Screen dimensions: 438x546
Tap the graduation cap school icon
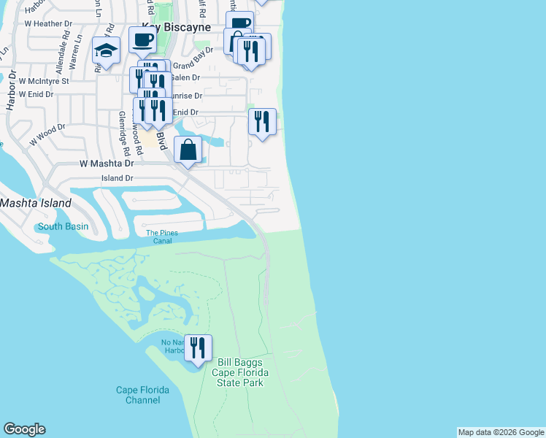pos(107,51)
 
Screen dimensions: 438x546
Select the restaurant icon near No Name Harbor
pos(197,348)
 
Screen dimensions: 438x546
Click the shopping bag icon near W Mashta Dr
pos(188,150)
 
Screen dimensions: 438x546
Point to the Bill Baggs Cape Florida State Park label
pos(240,372)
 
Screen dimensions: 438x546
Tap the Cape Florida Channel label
pos(142,395)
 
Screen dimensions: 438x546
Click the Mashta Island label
pos(36,203)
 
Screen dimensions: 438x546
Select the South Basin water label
pos(63,226)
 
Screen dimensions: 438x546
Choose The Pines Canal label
pos(162,237)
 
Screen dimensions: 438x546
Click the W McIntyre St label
pos(44,81)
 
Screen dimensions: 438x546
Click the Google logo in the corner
pos(24,429)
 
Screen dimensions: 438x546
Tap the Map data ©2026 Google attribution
pos(501,432)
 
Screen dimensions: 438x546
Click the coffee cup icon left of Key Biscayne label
pos(142,39)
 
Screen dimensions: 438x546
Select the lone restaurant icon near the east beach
pos(262,121)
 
